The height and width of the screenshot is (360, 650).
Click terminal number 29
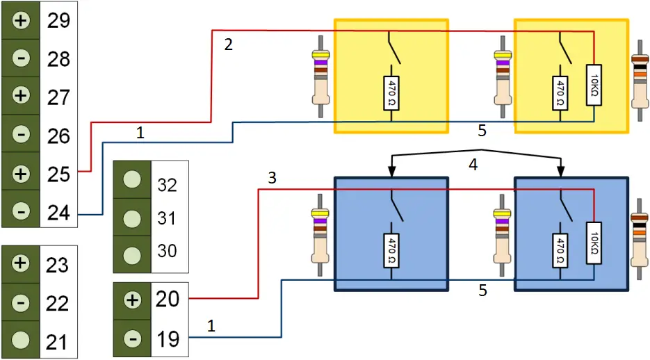tap(58, 21)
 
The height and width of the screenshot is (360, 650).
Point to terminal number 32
tap(167, 186)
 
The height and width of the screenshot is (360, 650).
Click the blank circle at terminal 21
tap(22, 340)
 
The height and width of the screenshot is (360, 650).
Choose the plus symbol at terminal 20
tap(132, 300)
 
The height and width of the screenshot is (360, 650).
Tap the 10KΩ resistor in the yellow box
tap(594, 84)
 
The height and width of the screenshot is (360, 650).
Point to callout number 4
tap(474, 166)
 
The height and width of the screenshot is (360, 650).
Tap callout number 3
tap(272, 178)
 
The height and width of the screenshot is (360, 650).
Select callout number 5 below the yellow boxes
tap(481, 130)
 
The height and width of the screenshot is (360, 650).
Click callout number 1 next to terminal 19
tap(211, 325)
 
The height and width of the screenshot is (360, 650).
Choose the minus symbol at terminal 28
tap(22, 59)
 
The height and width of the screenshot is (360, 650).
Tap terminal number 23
tap(58, 265)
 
